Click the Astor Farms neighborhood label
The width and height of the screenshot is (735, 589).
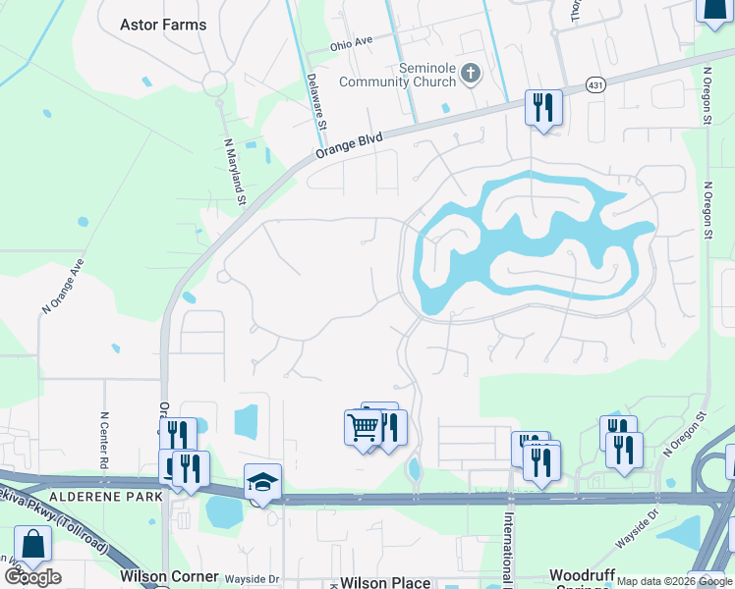click(163, 25)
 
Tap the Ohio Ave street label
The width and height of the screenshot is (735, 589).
click(352, 43)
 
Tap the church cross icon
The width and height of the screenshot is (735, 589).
click(471, 73)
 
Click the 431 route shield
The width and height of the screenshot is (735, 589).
click(595, 86)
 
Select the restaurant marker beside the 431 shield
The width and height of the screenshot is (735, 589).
click(543, 106)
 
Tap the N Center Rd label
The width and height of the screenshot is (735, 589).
click(104, 439)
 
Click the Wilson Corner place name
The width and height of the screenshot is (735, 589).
click(162, 576)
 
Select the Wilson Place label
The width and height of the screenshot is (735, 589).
click(385, 582)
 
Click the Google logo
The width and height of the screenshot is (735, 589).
click(32, 576)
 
